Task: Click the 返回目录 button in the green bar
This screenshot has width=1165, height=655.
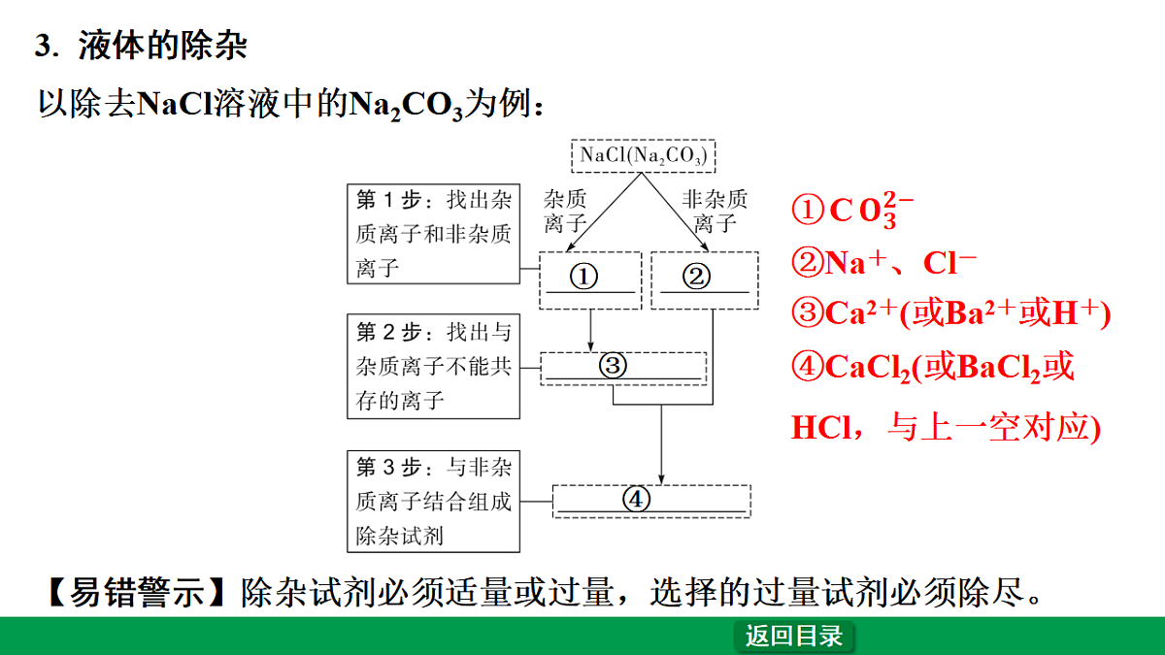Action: tap(794, 636)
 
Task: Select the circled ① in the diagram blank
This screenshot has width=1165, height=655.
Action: tap(583, 276)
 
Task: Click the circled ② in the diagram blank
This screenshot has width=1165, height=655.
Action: tap(696, 276)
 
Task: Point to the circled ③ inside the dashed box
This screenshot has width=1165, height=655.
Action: tap(613, 365)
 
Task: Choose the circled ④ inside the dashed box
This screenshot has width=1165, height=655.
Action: tap(636, 499)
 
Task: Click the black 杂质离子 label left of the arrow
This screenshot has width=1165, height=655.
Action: tap(565, 212)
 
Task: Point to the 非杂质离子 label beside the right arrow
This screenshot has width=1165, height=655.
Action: tap(715, 212)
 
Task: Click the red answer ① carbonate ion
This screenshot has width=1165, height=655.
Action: tap(852, 210)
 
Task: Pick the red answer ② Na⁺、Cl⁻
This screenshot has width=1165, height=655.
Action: tap(884, 262)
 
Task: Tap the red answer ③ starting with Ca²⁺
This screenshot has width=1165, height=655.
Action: tap(950, 312)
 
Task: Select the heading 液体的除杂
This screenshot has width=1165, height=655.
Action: tap(162, 46)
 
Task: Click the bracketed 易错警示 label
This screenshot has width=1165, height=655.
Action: tap(136, 592)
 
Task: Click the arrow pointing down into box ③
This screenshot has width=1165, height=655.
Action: tap(590, 331)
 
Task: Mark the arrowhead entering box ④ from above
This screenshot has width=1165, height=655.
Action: tap(661, 479)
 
